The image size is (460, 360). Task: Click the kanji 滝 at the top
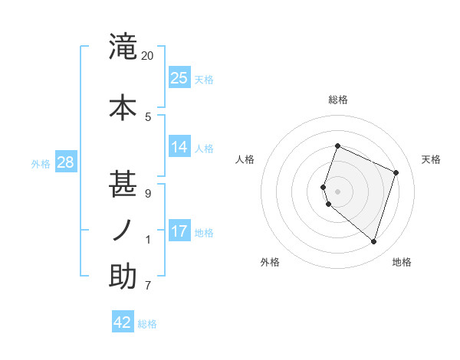[123, 47]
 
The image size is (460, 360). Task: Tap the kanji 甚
[123, 185]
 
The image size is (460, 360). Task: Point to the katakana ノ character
[123, 231]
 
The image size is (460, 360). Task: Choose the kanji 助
[123, 277]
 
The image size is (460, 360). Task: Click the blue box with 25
[179, 78]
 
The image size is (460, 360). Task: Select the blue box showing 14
[179, 146]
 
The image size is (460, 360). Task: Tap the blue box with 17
[179, 231]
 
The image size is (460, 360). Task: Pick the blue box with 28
[65, 162]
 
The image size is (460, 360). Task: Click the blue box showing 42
[123, 322]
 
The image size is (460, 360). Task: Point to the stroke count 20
[148, 56]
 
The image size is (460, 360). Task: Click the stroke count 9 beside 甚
[148, 193]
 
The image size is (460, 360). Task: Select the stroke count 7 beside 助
[148, 286]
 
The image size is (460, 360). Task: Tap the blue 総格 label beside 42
[148, 324]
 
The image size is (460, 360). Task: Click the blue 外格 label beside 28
[41, 163]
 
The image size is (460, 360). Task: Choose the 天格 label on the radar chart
[431, 159]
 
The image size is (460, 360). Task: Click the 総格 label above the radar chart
[338, 100]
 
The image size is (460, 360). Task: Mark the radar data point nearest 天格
[396, 172]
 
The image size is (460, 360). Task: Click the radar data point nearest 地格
[373, 241]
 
